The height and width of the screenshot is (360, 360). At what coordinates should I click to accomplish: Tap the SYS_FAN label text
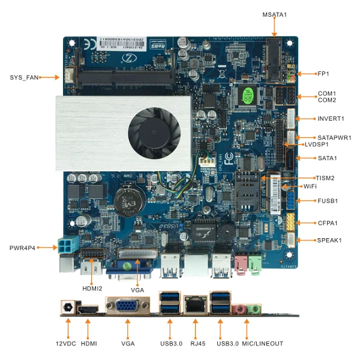(x=24, y=77)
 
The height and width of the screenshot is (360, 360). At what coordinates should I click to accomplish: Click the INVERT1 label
(x=331, y=118)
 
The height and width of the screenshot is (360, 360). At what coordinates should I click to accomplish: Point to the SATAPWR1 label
(x=334, y=137)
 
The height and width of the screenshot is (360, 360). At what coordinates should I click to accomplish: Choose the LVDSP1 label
(x=317, y=145)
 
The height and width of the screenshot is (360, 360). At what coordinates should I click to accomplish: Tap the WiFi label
(x=310, y=187)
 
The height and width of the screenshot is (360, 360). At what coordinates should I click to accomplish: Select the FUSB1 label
(x=328, y=200)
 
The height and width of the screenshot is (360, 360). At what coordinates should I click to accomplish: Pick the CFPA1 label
(x=328, y=223)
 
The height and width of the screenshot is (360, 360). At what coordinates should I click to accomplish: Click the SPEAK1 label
(x=329, y=240)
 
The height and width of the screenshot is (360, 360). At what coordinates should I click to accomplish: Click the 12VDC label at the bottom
(x=66, y=343)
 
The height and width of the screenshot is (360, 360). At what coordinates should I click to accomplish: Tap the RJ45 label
(x=195, y=343)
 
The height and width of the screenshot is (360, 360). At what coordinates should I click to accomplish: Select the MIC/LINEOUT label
(x=262, y=343)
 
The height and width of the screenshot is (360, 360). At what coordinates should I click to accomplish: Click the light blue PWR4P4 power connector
(x=64, y=247)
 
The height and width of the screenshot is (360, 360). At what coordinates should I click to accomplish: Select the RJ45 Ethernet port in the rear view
(x=195, y=306)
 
